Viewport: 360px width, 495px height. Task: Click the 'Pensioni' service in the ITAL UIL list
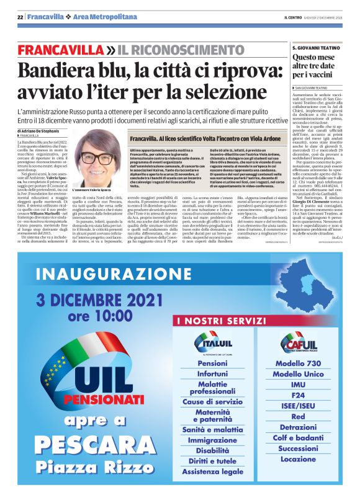tap(212, 363)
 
